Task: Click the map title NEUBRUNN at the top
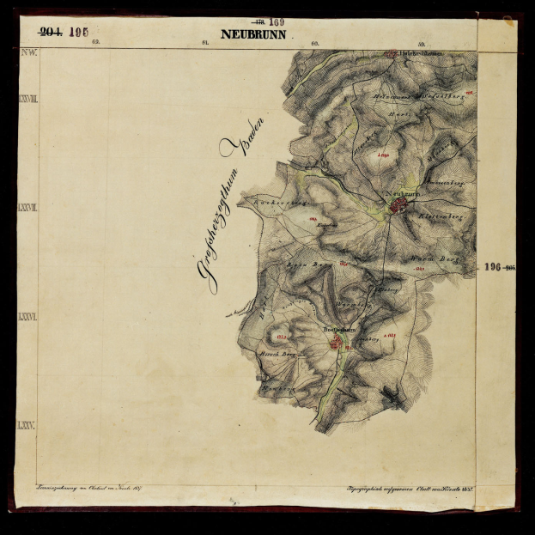tap(253, 34)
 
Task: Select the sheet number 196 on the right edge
tap(492, 268)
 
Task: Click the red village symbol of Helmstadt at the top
tap(392, 54)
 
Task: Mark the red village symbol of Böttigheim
tap(337, 343)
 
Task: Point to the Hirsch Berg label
tap(277, 351)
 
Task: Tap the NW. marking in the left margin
tap(27, 53)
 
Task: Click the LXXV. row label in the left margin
tap(27, 425)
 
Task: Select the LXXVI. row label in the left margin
tap(27, 317)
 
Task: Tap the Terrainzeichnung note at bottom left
tap(81, 489)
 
